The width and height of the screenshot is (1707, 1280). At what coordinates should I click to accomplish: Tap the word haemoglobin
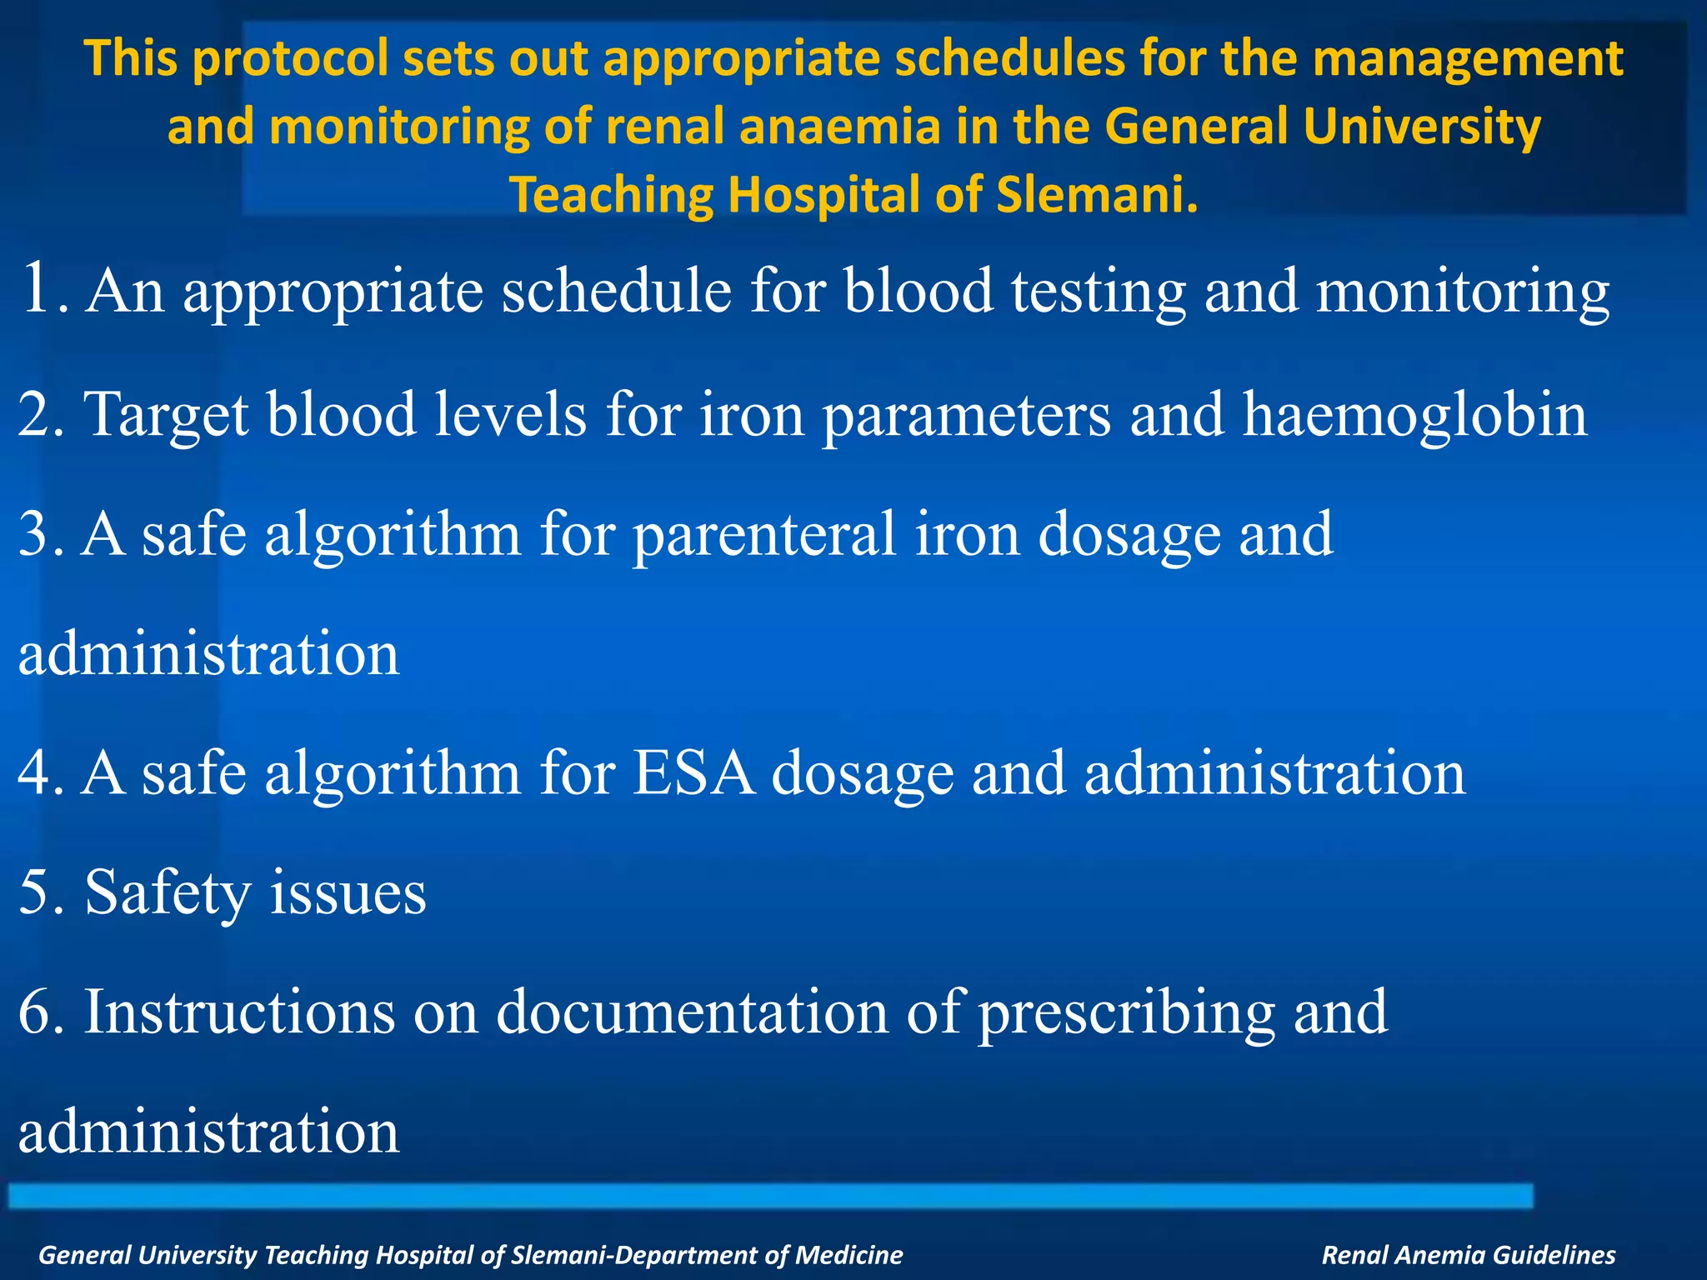[x=1414, y=414]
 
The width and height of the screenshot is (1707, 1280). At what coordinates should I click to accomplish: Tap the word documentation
[x=693, y=1012]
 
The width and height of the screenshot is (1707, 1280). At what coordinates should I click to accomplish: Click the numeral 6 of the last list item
[x=35, y=1012]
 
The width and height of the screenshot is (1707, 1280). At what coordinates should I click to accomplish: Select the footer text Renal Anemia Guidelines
[x=1468, y=1254]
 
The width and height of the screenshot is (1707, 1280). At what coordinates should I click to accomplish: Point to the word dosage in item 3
[x=1129, y=535]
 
